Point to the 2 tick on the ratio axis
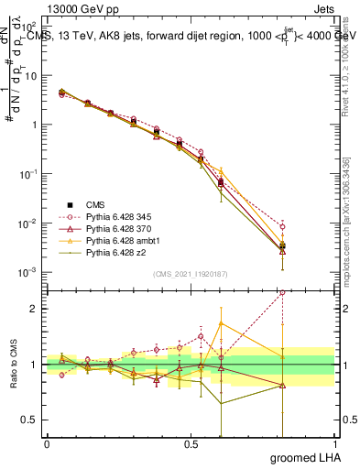pyautogui.click(x=34, y=309)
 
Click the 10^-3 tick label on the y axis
pyautogui.click(x=27, y=272)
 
